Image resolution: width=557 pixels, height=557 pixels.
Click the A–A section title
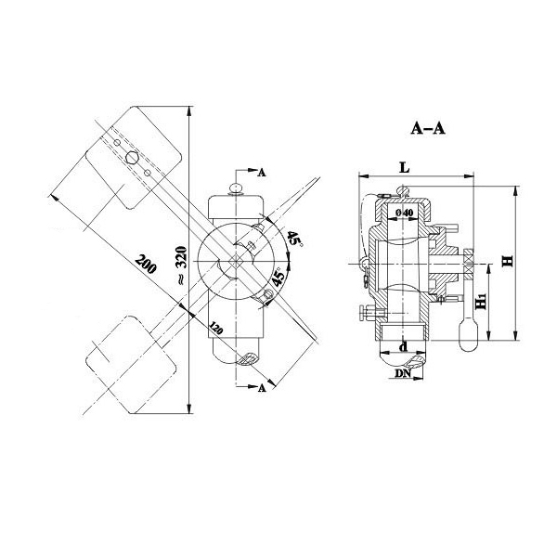(428, 130)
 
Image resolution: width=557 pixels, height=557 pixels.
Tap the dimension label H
(508, 262)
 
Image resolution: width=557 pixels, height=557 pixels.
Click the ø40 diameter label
(405, 214)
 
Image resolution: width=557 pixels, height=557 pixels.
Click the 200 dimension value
(144, 264)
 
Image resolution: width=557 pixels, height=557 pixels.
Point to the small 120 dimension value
(216, 327)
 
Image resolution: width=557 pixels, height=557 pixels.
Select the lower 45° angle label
(277, 276)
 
